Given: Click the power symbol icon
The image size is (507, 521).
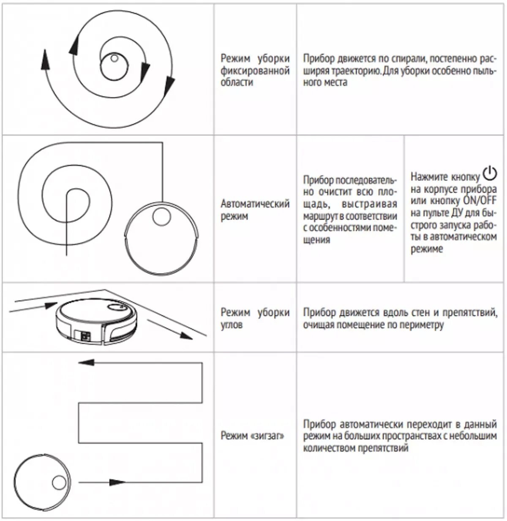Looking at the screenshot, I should click(490, 173).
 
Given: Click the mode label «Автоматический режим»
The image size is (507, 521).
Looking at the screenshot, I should click(255, 210).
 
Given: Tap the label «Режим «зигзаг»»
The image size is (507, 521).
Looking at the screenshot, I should click(252, 436).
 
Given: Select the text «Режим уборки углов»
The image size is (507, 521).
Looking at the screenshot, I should click(255, 319).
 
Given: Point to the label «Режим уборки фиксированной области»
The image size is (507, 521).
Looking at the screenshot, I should click(255, 70).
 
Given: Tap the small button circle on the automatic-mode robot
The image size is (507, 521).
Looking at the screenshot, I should click(161, 217).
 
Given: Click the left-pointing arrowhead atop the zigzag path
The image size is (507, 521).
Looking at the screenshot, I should click(86, 362).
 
